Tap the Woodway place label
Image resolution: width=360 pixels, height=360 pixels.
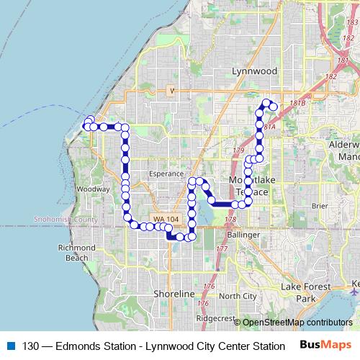point(93,189)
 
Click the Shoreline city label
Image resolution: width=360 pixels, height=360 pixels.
point(174,294)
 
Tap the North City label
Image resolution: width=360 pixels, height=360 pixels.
point(238,296)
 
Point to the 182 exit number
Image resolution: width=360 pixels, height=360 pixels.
point(330,76)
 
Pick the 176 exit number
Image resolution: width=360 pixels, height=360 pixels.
point(209,287)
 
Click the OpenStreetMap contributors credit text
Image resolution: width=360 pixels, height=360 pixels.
point(297,322)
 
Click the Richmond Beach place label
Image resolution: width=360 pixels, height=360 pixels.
point(76,252)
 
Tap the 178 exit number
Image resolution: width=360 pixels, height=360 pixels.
point(230,220)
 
